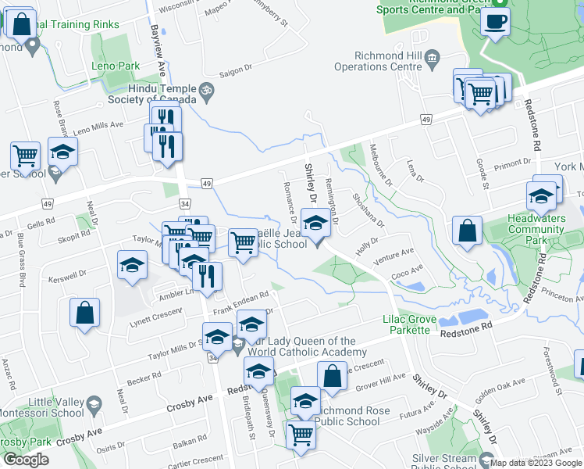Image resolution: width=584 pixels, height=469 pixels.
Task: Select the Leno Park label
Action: (115, 66)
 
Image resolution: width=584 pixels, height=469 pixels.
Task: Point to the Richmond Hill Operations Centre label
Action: (377, 61)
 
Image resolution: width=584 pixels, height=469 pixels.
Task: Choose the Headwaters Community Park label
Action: (536, 229)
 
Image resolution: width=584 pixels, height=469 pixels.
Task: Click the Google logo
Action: (26, 460)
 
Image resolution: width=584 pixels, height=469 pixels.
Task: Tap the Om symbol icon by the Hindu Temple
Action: (207, 90)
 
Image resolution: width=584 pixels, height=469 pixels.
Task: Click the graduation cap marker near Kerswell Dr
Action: (132, 264)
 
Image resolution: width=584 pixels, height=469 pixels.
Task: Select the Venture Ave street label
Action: (393, 254)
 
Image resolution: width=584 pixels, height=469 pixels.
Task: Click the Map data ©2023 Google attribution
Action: (535, 463)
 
